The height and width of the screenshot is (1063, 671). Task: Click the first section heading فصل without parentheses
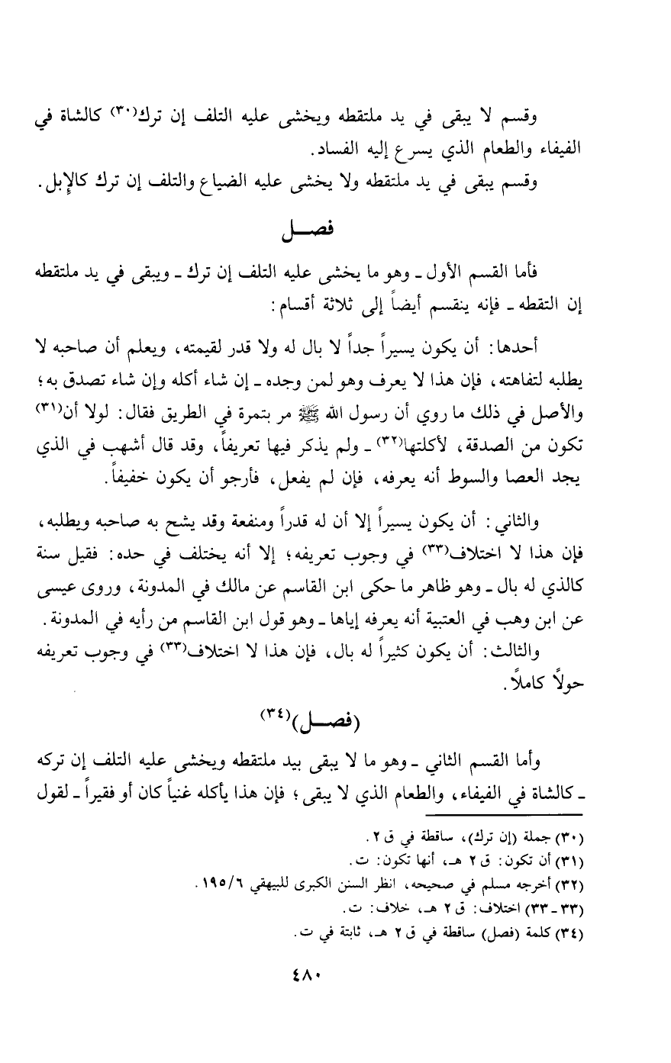(336, 231)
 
